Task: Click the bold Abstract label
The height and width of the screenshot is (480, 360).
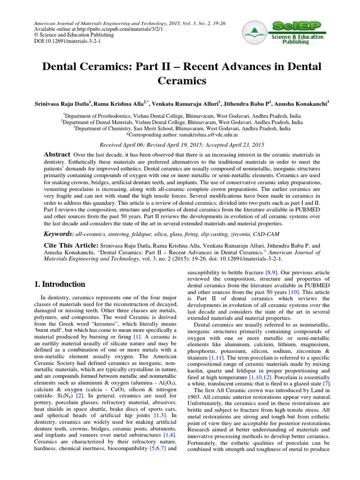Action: click(x=57, y=155)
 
